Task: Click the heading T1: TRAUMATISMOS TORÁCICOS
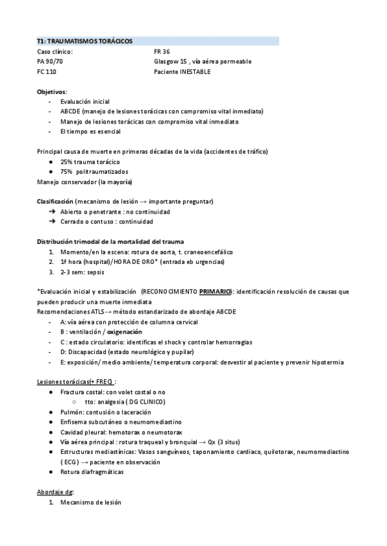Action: (x=84, y=41)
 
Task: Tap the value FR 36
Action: (x=162, y=52)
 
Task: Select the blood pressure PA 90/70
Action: (x=50, y=62)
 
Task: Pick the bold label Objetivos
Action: (x=52, y=91)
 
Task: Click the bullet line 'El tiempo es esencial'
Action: (x=85, y=131)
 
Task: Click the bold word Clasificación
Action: (x=55, y=202)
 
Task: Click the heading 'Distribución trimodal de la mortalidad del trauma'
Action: (x=110, y=241)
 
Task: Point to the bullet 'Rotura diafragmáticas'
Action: (x=92, y=472)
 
